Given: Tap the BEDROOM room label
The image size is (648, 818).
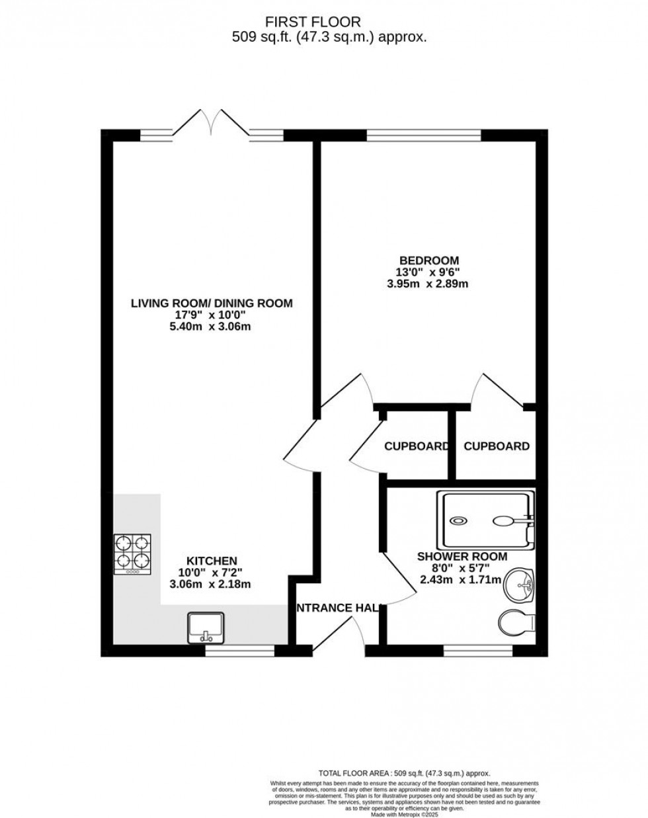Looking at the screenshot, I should [428, 260].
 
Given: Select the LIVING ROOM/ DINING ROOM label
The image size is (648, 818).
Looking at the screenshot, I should [212, 304].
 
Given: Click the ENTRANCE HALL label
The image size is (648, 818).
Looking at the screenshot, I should [337, 608].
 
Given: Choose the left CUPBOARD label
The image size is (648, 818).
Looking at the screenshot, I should [417, 446].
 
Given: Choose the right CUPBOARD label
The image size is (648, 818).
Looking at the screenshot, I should [496, 446].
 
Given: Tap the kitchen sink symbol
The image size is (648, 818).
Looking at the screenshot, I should [206, 627].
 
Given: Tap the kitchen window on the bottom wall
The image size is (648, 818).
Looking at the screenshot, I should [239, 651].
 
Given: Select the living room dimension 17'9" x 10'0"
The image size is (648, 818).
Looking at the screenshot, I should [212, 315].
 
